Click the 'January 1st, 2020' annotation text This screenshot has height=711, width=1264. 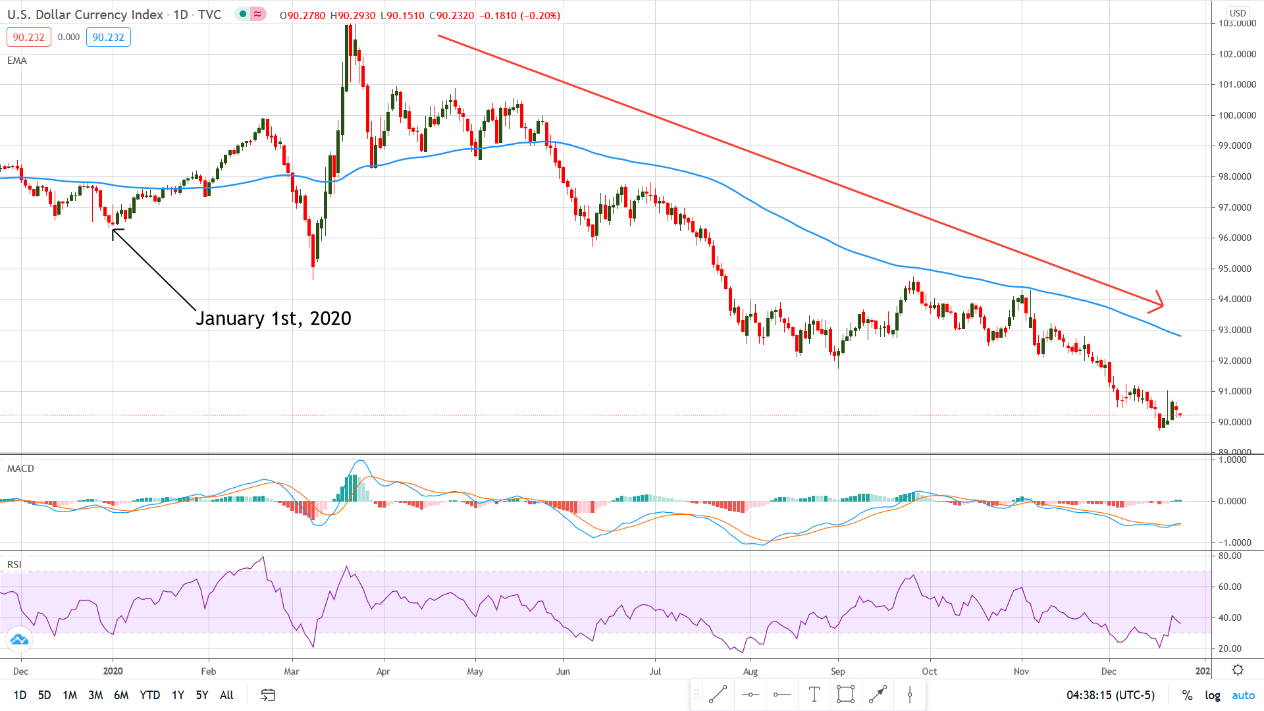[x=273, y=319]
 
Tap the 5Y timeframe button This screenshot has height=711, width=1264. [x=201, y=695]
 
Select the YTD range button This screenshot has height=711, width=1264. [x=149, y=695]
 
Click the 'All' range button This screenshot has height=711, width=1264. [x=226, y=695]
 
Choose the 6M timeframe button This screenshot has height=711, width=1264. [x=121, y=695]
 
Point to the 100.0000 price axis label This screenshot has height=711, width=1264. [x=1237, y=115]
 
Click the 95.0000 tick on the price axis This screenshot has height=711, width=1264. [x=1237, y=269]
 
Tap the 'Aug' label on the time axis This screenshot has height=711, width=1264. [x=750, y=671]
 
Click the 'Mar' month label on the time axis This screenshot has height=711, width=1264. [x=291, y=671]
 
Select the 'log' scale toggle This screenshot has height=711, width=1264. [x=1213, y=695]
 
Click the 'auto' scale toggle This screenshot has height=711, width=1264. [x=1243, y=695]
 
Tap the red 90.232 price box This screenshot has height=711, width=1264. [x=29, y=38]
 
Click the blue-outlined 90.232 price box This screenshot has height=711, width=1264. [x=108, y=38]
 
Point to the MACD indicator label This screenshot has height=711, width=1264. [x=20, y=469]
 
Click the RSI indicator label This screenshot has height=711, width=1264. [x=14, y=565]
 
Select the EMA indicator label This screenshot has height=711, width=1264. [x=17, y=61]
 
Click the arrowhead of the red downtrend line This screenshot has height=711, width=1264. [x=1160, y=303]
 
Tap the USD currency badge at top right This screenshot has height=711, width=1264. [x=1238, y=13]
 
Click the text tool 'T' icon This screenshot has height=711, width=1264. [x=814, y=695]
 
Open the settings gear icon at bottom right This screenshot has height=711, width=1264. [x=1238, y=670]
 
